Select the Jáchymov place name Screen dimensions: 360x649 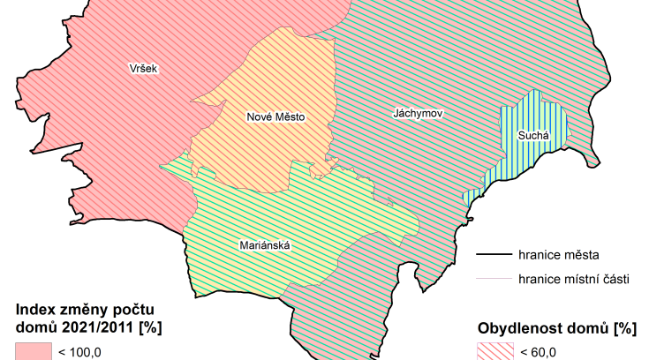[x=418, y=114]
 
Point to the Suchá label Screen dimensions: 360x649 [x=533, y=136]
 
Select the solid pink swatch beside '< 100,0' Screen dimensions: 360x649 [x=33, y=352]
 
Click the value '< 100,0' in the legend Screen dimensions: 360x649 [x=79, y=353]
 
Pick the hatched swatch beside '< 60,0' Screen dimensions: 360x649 [x=495, y=352]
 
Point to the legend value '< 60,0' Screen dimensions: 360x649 [x=538, y=353]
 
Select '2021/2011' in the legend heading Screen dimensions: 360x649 [x=94, y=328]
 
